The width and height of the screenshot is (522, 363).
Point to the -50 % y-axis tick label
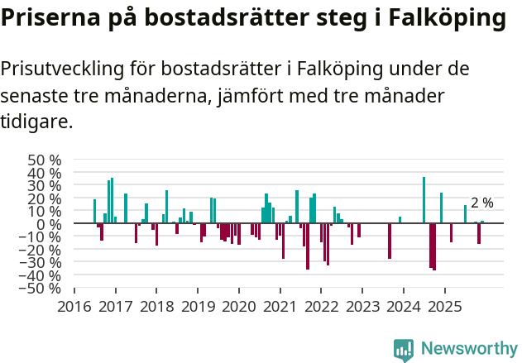click(42, 289)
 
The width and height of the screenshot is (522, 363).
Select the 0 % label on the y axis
click(49, 224)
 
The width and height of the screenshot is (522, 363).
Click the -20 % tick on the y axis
click(42, 250)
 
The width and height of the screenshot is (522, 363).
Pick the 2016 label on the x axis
click(74, 307)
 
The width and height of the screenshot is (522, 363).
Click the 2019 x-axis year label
click(198, 307)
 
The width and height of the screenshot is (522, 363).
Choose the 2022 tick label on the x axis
click(321, 307)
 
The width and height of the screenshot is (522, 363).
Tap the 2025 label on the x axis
click(444, 307)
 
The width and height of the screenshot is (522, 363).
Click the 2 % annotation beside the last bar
click(481, 203)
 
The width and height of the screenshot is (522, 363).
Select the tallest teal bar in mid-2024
click(424, 200)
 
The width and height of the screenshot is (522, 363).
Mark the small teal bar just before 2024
click(400, 220)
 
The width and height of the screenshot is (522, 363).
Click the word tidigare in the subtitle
click(36, 122)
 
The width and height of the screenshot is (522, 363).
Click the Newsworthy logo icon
click(403, 350)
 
